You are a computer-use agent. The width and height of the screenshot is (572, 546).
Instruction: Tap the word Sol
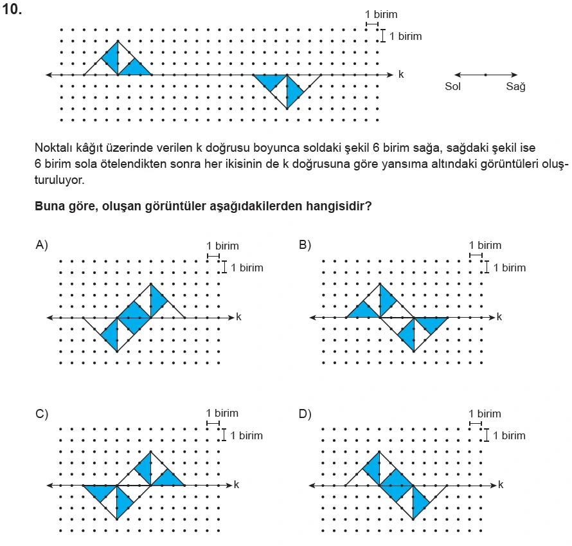click(x=453, y=87)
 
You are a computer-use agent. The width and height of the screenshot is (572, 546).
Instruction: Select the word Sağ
click(x=515, y=87)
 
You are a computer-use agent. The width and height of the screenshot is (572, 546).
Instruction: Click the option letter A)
click(x=42, y=244)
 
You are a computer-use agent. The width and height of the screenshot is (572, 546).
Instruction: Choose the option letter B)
click(x=305, y=244)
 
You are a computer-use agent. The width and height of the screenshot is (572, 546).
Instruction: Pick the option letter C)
click(x=42, y=414)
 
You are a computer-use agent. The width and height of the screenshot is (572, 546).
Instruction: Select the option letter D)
click(x=305, y=414)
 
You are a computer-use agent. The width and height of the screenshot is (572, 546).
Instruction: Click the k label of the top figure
click(x=401, y=75)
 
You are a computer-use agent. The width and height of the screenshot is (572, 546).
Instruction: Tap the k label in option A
click(x=238, y=316)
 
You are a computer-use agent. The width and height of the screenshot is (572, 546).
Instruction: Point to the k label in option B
click(x=499, y=316)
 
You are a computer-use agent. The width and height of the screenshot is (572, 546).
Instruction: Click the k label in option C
click(x=237, y=484)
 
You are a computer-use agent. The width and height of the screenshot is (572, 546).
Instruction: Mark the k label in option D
click(x=499, y=484)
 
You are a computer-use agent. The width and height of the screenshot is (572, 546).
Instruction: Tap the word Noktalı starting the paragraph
click(x=55, y=147)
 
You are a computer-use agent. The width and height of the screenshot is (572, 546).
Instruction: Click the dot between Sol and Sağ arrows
click(x=485, y=75)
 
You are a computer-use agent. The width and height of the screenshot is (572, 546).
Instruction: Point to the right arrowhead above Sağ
click(x=515, y=75)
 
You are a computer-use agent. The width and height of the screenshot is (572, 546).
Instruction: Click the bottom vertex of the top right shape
click(x=287, y=109)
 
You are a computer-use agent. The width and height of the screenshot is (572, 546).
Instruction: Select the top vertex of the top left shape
click(x=118, y=41)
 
